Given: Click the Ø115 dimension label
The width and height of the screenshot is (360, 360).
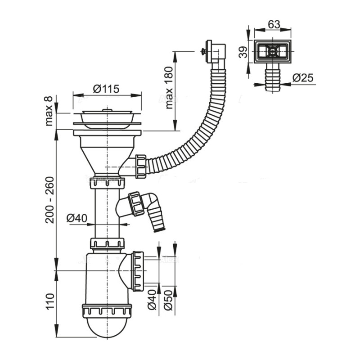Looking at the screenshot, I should pos(106,89).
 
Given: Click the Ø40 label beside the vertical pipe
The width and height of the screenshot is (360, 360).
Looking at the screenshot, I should pos(77,218).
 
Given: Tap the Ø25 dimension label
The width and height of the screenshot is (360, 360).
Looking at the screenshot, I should pos(302,77).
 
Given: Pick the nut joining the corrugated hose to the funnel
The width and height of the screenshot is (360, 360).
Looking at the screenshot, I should pos(141,166).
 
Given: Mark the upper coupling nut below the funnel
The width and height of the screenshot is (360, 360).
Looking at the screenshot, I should pos(107,182).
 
